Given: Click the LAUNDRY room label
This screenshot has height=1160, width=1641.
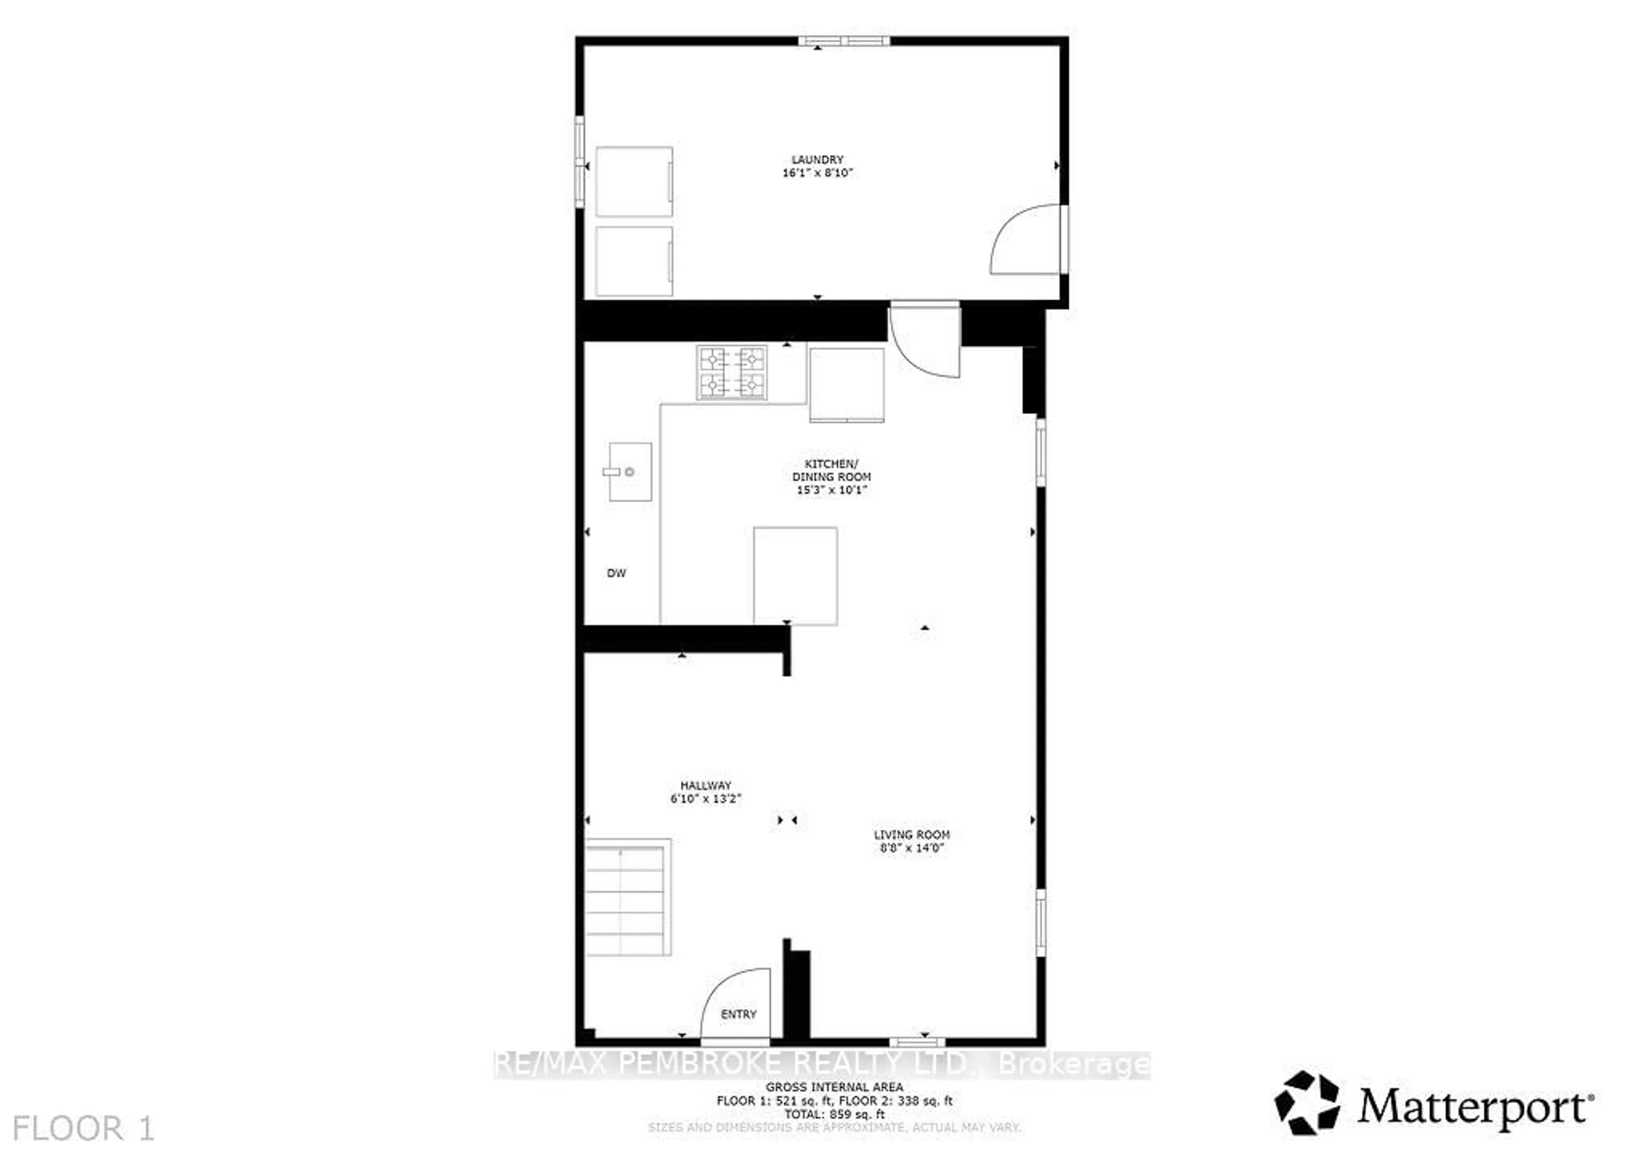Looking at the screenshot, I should [x=817, y=159].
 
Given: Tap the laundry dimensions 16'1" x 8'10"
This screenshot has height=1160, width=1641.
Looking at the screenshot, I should [x=818, y=173].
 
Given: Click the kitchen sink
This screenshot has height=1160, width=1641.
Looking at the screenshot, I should [x=629, y=472].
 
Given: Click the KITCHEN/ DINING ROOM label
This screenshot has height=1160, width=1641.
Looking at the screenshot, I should [x=831, y=470].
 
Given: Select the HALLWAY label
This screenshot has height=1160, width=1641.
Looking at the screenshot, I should [x=706, y=785].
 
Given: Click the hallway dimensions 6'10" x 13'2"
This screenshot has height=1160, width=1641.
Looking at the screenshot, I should [x=706, y=799].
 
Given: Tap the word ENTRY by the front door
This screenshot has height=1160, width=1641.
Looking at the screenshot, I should [x=738, y=1014].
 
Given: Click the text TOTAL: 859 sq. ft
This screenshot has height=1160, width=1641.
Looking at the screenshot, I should [x=834, y=1114].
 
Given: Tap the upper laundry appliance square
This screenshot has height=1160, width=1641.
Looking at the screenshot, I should [x=634, y=182].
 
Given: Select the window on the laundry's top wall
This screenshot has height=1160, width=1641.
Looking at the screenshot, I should [x=844, y=41].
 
